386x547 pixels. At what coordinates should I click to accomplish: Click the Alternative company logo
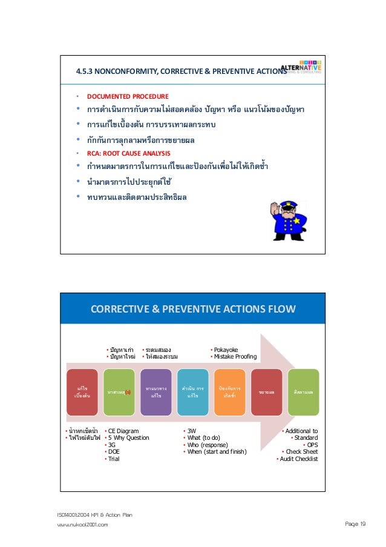point(300,69)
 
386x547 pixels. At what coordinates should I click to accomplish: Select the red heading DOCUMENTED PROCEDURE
point(128,96)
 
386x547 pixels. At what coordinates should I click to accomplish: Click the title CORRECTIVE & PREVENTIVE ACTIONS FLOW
point(193,310)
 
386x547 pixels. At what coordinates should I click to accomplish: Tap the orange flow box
point(230,392)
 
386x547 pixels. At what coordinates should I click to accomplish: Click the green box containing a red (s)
point(119,392)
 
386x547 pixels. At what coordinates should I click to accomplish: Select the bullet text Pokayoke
point(226,350)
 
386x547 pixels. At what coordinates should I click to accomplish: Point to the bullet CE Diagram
point(123,431)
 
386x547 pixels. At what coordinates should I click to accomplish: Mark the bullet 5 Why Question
point(128,438)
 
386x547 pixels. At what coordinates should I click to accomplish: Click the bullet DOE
point(113,452)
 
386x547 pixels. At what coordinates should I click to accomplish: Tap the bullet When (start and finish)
point(217,452)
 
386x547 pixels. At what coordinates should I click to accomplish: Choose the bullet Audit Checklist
point(298,459)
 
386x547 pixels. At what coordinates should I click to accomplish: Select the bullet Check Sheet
point(301,452)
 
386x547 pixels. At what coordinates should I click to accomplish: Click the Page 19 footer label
point(353,525)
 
